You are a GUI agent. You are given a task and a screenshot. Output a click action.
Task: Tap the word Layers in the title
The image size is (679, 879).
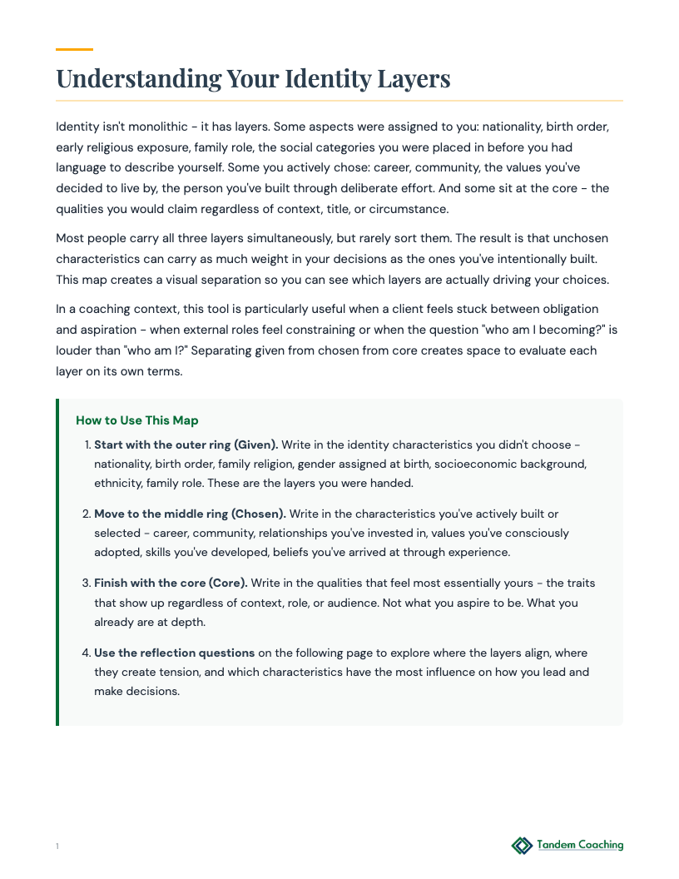(412, 79)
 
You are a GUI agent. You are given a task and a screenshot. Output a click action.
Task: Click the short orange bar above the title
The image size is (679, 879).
(74, 49)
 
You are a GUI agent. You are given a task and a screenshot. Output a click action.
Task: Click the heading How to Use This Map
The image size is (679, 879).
(137, 420)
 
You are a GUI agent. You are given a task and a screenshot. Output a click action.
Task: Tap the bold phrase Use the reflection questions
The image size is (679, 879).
(174, 653)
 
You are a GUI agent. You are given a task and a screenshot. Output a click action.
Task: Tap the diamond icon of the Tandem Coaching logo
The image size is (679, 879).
(522, 846)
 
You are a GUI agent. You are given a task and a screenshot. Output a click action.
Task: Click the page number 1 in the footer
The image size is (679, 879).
(57, 847)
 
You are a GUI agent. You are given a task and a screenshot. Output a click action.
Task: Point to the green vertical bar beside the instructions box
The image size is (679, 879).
(57, 562)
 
